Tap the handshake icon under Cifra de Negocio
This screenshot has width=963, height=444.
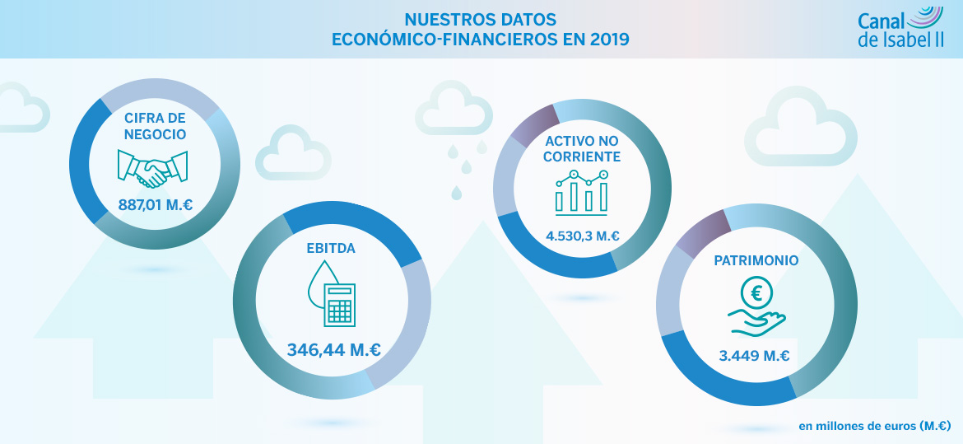(155, 167)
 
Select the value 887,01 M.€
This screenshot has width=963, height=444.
(156, 204)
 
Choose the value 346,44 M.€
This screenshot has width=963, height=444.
(333, 349)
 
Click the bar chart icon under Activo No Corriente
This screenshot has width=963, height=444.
(581, 190)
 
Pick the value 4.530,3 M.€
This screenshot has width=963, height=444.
(582, 236)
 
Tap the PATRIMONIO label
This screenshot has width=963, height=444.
(756, 260)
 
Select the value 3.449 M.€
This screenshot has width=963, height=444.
(754, 356)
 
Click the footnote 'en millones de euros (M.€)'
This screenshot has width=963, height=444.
(874, 426)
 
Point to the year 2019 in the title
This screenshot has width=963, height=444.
(610, 39)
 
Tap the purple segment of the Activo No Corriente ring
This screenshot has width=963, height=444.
(533, 123)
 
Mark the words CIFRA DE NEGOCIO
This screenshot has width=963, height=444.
(155, 125)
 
